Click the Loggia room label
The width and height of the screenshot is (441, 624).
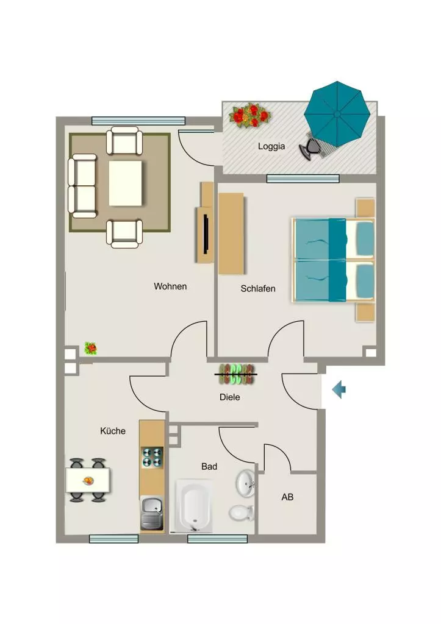tap(271, 146)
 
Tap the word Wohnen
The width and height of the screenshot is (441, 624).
tap(170, 286)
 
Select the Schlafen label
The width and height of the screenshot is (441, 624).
tap(258, 288)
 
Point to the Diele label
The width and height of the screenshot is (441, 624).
tap(230, 397)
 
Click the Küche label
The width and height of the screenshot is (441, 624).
tap(113, 431)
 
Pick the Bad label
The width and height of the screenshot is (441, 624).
tap(209, 466)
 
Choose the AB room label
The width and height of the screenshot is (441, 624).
tap(287, 497)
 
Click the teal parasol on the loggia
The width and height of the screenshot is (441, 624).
tap(337, 114)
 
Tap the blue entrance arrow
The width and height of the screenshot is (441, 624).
tap(339, 389)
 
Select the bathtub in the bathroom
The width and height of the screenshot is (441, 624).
tap(193, 506)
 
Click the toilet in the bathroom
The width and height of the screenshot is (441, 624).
tap(242, 512)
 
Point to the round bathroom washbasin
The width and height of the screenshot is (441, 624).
tap(245, 483)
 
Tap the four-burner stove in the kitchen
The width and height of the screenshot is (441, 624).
tap(152, 457)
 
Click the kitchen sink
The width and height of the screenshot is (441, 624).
tap(152, 513)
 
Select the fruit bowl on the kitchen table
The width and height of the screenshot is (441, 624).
tap(88, 481)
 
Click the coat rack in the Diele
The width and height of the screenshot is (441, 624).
tap(236, 374)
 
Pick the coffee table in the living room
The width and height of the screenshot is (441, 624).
tap(126, 183)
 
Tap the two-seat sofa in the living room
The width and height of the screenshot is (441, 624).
tap(82, 186)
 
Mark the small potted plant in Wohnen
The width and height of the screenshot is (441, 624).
tap(91, 349)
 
